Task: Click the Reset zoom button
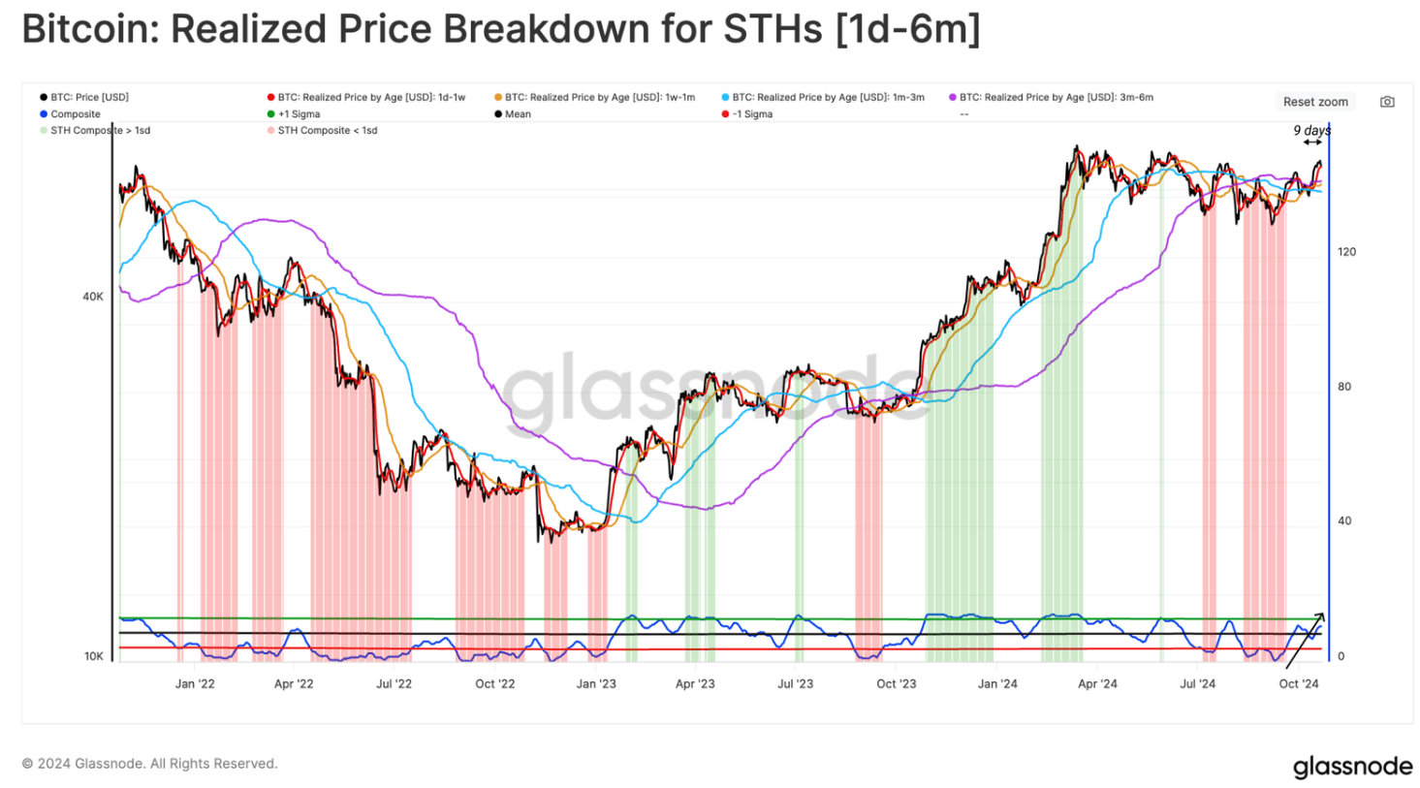(1314, 102)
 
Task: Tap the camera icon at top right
(1387, 102)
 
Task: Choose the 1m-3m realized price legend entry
(823, 97)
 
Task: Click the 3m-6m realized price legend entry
(1051, 97)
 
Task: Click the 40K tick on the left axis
(92, 297)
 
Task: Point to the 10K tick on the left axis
(93, 656)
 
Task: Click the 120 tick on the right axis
(1346, 252)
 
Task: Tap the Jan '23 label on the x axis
(596, 683)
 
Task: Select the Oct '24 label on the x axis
(1299, 683)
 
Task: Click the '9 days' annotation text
(1311, 131)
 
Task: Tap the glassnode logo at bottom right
(1352, 767)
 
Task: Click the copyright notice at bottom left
(149, 764)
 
